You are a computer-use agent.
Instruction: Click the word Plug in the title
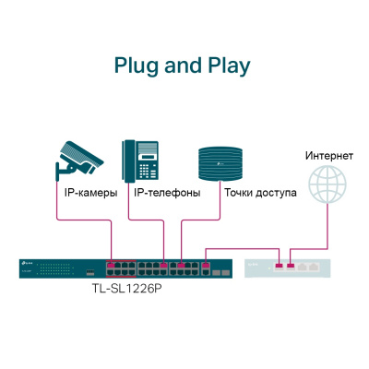point(135,65)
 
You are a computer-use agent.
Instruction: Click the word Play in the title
point(226,65)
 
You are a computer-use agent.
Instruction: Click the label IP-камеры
point(90,194)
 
